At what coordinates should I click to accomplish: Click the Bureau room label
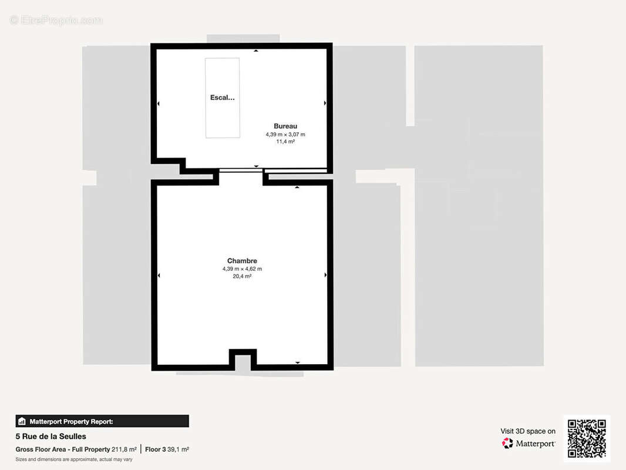pos(285,126)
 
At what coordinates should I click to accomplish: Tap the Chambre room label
pos(242,261)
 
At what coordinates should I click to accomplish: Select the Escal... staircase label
pos(223,98)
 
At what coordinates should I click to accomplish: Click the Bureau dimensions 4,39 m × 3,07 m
pos(285,135)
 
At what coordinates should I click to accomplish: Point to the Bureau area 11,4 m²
pos(285,142)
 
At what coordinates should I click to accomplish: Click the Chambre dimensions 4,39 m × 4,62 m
pos(242,269)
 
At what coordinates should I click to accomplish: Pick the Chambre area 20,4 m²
pos(242,276)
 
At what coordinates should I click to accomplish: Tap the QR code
pos(587,438)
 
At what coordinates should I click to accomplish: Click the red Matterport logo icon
pos(507,443)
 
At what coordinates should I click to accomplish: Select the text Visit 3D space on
pos(528,431)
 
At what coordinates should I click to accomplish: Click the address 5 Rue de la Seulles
pos(51,437)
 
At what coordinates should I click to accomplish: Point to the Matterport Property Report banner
pos(102,421)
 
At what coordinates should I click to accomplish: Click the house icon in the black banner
pos(22,421)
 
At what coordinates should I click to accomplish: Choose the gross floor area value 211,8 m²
pos(124,449)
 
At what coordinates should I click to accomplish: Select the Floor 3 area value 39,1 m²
pos(178,449)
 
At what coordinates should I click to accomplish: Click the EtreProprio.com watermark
pos(56,20)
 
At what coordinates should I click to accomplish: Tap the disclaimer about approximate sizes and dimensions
pos(74,459)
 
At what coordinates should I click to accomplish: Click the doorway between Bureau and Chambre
pos(241,171)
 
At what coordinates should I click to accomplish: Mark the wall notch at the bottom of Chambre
pos(243,359)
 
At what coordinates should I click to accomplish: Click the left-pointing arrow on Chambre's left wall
pos(159,275)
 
